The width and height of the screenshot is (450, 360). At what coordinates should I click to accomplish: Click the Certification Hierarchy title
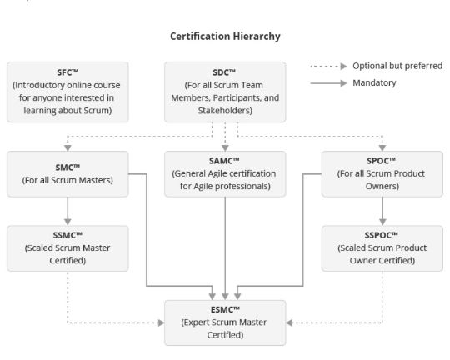(x=225, y=37)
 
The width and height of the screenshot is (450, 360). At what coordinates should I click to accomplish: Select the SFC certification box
(x=67, y=92)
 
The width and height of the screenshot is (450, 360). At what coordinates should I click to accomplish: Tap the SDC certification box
(x=225, y=92)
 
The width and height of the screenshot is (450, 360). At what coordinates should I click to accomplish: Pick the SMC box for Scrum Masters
(x=67, y=174)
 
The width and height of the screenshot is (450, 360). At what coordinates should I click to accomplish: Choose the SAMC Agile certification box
(x=225, y=174)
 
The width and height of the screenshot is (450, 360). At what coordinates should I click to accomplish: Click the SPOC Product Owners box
(x=382, y=174)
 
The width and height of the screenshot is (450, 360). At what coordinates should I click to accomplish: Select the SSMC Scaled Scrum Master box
(x=67, y=248)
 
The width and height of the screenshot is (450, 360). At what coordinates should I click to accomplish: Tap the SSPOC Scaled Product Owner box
(x=382, y=248)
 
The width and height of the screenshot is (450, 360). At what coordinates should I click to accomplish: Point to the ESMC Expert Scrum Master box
(x=225, y=322)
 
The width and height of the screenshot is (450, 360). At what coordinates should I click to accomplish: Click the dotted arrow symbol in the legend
(x=328, y=67)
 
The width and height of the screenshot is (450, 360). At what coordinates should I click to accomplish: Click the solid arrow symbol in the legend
(x=328, y=83)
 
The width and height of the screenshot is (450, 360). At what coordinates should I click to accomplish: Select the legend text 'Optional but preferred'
(x=397, y=66)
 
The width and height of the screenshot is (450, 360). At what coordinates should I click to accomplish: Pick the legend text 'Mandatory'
(x=374, y=83)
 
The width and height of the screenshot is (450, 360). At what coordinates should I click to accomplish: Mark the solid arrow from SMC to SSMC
(x=67, y=211)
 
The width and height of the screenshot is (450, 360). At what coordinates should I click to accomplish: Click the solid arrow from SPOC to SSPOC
(x=382, y=211)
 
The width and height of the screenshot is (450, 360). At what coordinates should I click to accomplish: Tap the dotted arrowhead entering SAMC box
(x=225, y=148)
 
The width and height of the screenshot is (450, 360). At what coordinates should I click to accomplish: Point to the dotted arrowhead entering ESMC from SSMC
(x=161, y=323)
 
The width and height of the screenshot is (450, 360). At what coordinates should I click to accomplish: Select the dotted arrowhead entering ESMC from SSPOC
(x=289, y=323)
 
